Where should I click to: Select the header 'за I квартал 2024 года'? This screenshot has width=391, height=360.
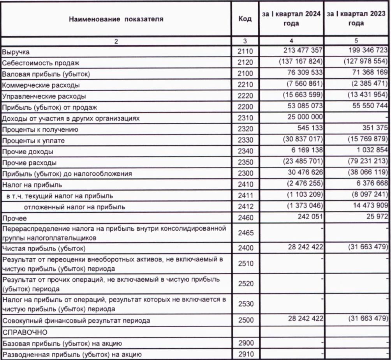[x=291, y=19]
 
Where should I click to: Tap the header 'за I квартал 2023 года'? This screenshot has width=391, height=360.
[x=357, y=19]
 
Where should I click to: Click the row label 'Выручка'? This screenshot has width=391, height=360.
[x=16, y=51]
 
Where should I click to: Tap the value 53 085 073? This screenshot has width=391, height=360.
[x=299, y=106]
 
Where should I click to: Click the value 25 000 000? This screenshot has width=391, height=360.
[x=299, y=117]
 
